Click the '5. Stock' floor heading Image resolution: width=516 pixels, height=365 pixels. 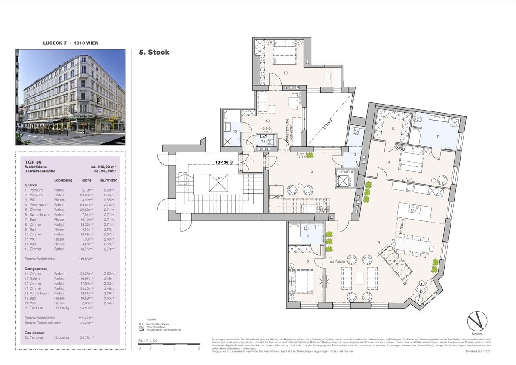[154, 53]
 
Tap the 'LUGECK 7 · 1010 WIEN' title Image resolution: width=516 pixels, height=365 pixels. [71, 43]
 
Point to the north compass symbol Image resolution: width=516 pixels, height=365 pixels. [477, 321]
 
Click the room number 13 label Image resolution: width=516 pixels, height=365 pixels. [285, 73]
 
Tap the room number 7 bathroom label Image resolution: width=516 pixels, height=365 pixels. [437, 137]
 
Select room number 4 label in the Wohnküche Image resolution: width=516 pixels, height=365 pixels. [378, 242]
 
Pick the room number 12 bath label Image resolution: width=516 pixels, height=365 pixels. [235, 131]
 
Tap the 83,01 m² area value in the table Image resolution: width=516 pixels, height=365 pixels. [88, 204]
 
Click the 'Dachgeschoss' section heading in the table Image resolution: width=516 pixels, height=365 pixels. [36, 269]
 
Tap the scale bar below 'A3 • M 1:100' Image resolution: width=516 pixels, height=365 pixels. [169, 344]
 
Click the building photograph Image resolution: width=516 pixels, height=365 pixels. [71, 97]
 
